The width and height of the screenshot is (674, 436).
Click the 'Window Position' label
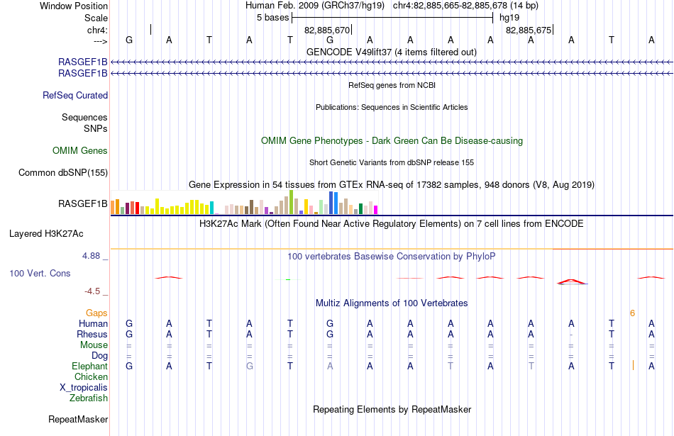[x=74, y=6]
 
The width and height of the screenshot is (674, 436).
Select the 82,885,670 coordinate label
[x=326, y=30]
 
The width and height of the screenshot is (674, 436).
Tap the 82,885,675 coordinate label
[x=529, y=30]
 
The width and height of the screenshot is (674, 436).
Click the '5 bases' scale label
[x=273, y=18]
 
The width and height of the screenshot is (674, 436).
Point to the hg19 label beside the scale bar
[x=509, y=18]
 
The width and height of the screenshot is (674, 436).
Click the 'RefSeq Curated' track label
[x=75, y=96]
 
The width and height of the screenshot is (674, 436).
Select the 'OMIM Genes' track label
[x=80, y=150]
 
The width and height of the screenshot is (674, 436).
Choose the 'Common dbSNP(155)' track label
[x=63, y=173]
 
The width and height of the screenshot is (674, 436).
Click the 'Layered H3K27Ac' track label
[x=46, y=234]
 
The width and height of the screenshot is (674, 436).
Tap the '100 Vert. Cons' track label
[x=40, y=273]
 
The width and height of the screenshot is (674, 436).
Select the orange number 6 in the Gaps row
[x=632, y=313]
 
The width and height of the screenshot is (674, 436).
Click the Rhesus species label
[x=92, y=334]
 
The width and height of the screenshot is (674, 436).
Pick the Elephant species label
[x=90, y=366]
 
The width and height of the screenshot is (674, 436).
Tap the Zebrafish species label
[x=89, y=398]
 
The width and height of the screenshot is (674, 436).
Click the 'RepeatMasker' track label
[x=78, y=419]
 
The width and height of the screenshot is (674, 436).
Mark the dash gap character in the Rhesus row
[x=571, y=334]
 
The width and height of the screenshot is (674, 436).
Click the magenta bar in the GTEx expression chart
[x=376, y=210]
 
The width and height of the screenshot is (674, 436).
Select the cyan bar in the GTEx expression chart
[x=211, y=208]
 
